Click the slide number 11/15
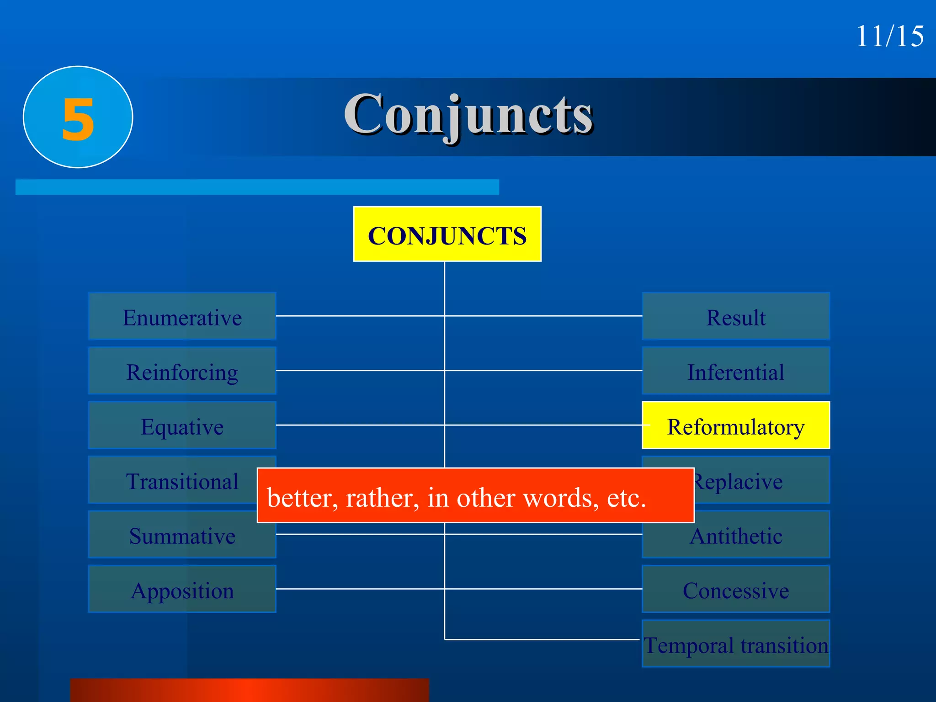pos(889,36)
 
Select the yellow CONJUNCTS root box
pos(447,234)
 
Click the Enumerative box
pos(182,317)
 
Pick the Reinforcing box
pos(182,371)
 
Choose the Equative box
pos(182,426)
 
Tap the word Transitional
pos(182,481)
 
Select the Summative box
pos(182,535)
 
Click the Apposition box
pos(182,590)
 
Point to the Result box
pos(736,317)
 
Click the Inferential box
pos(736,371)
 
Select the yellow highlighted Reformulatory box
pos(736,426)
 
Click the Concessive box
pos(736,590)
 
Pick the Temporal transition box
pos(736,644)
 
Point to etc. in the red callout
pos(626,497)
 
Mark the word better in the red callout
pos(302,497)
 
